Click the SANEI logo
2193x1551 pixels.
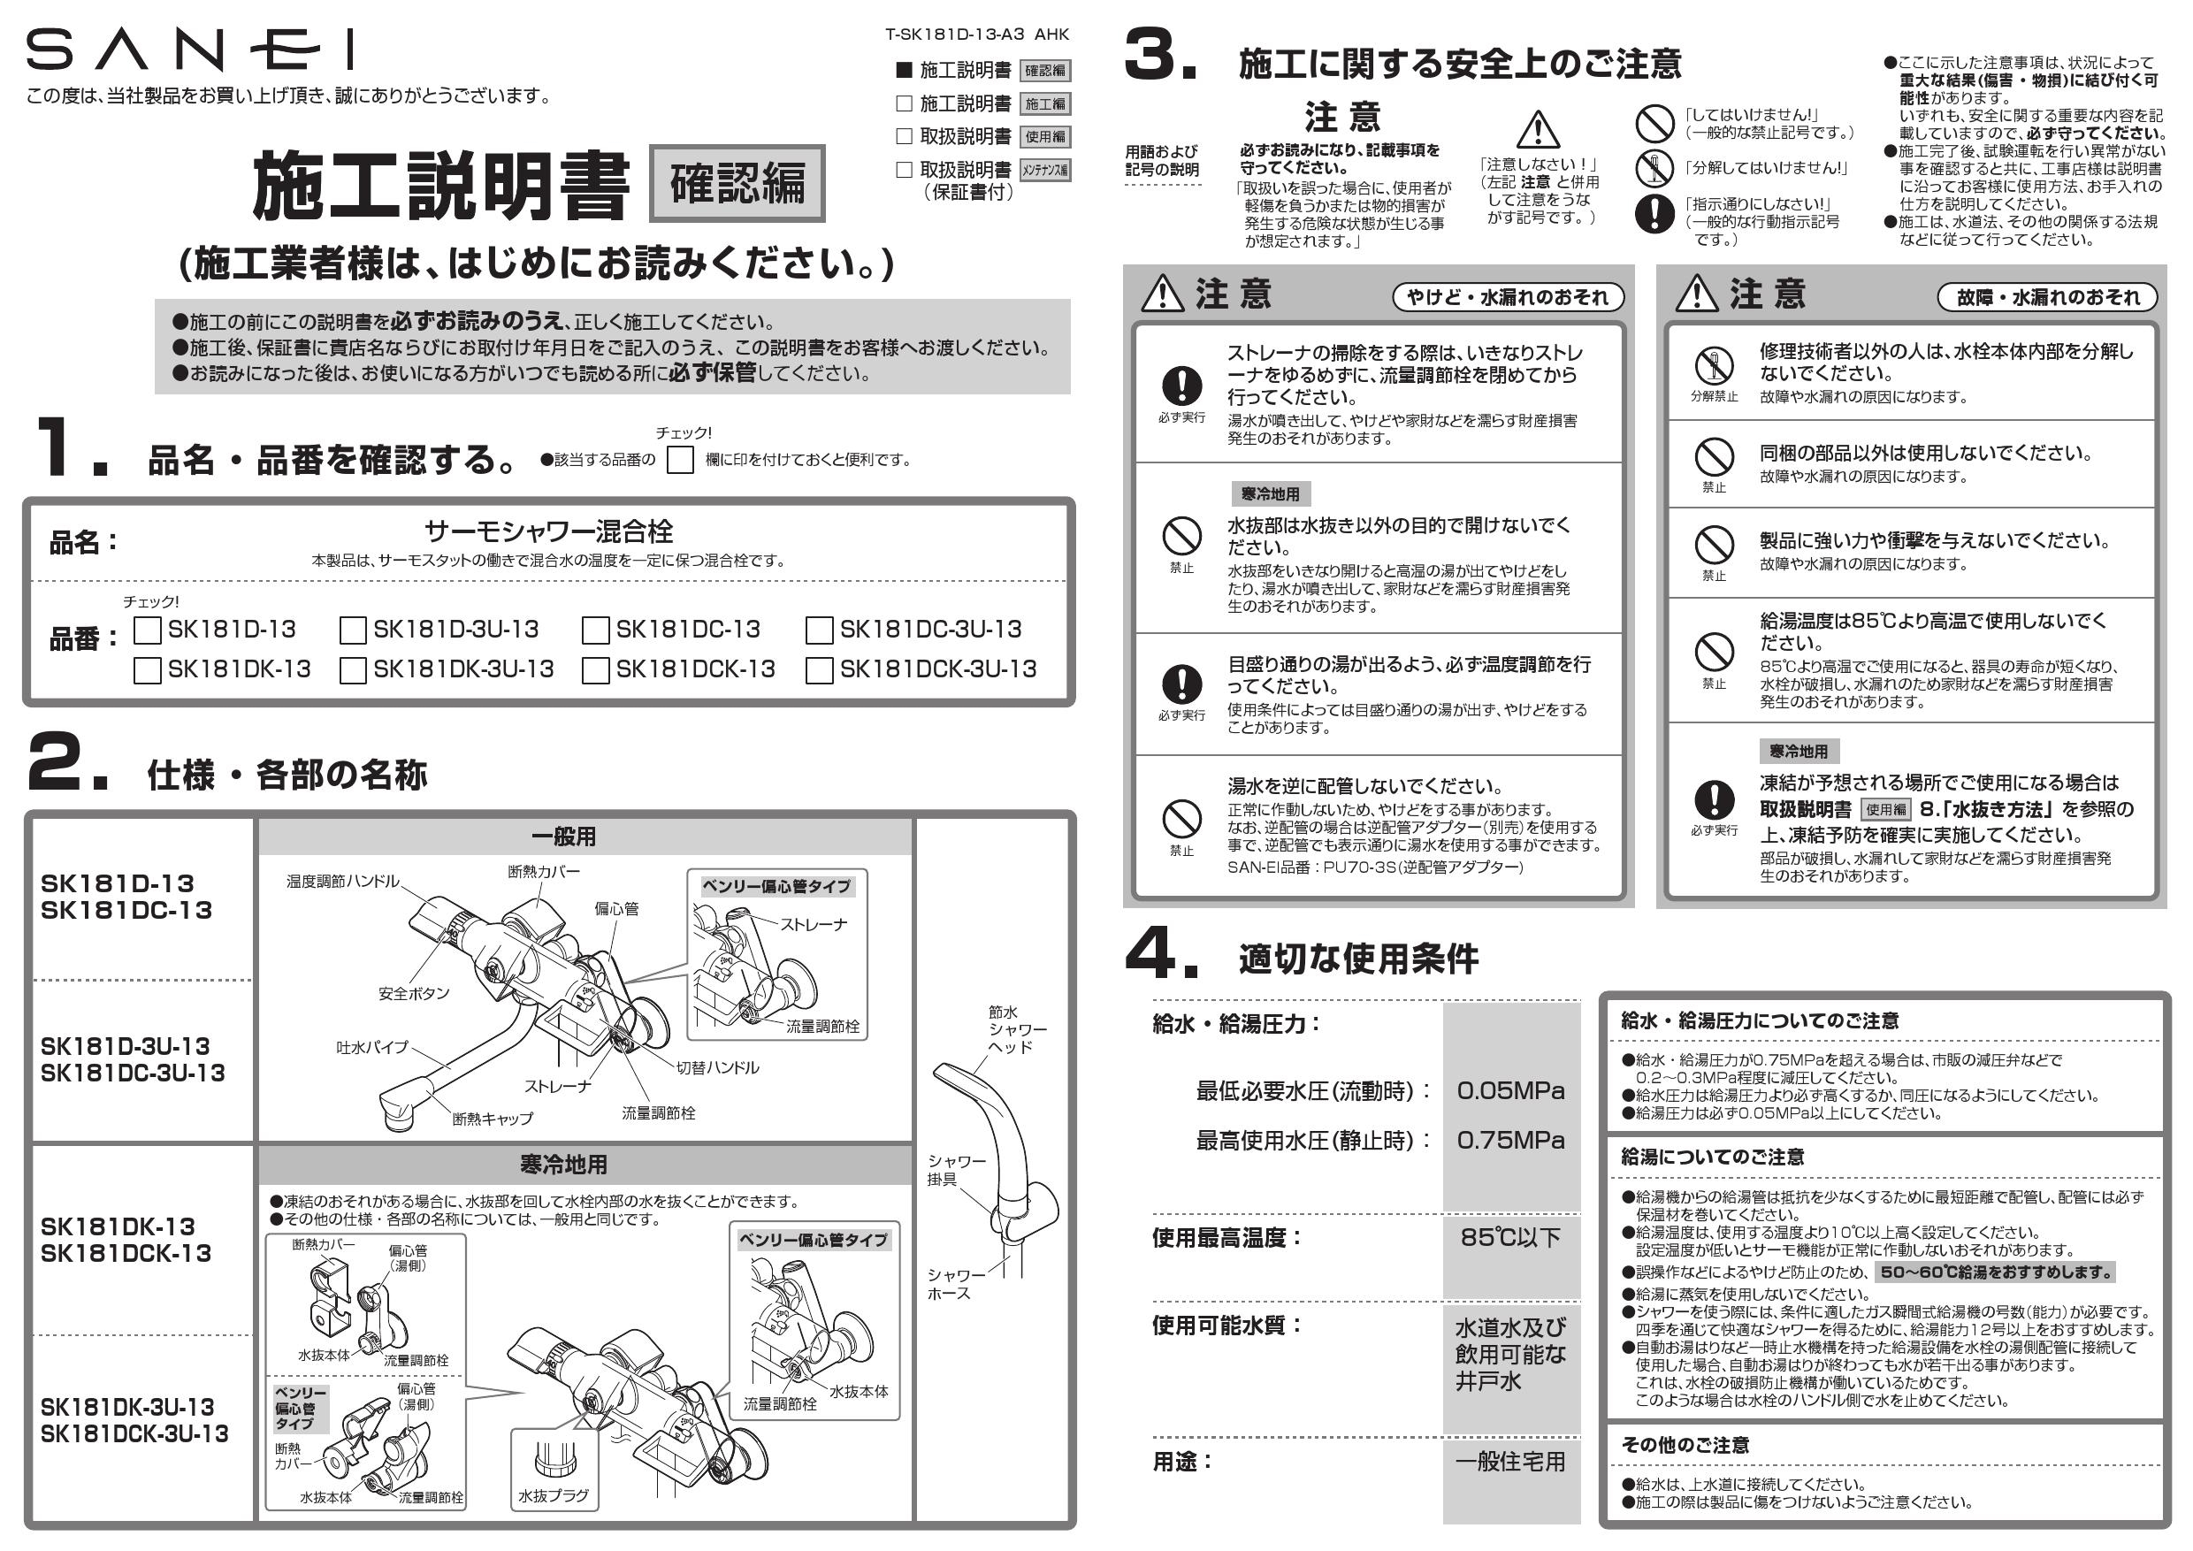tap(189, 50)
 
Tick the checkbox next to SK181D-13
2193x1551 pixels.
tap(147, 630)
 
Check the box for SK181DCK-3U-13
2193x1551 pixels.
tap(819, 670)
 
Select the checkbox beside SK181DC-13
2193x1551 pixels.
tap(595, 630)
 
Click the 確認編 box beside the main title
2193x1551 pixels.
tap(737, 183)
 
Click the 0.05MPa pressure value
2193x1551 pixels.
tap(1510, 1090)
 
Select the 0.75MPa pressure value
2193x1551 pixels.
tap(1510, 1141)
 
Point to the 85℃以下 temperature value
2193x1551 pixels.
tap(1510, 1238)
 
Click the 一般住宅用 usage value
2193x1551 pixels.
tap(1510, 1461)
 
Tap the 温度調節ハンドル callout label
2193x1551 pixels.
tap(343, 881)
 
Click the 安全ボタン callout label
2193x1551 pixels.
tap(414, 993)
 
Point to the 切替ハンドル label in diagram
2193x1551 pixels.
tap(717, 1067)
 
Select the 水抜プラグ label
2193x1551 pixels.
tap(553, 1495)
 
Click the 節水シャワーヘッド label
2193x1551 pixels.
tap(1017, 1029)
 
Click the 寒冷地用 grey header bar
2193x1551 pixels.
tap(562, 1165)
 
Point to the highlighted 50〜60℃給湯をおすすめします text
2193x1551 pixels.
tap(1995, 1272)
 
